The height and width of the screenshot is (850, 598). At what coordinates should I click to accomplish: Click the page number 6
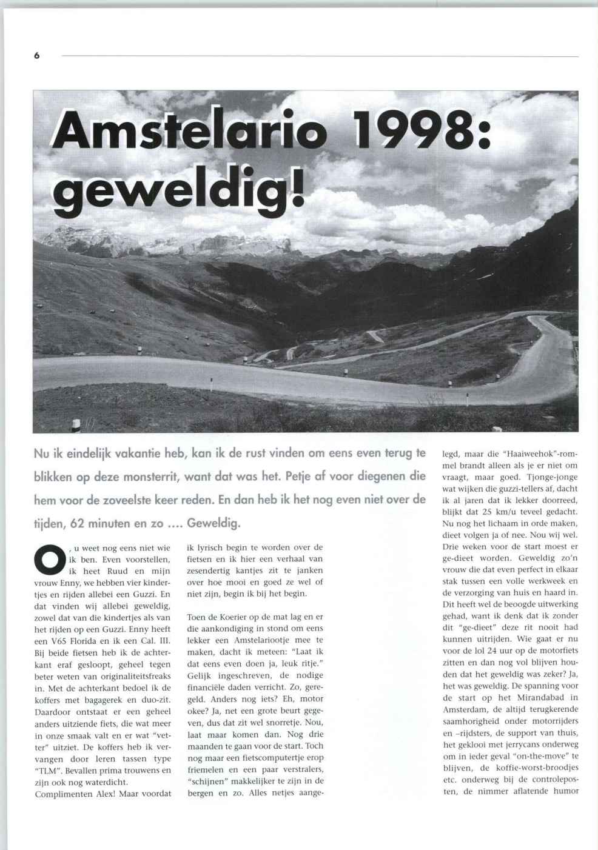[36, 55]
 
